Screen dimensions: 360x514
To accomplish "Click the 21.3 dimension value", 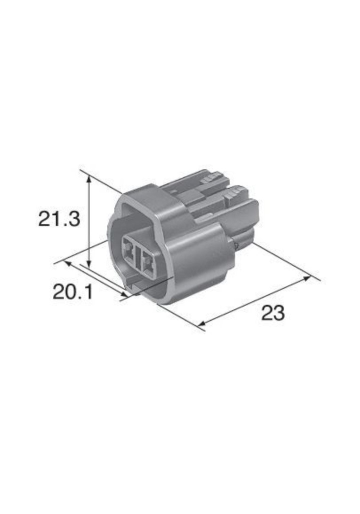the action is (x=59, y=219).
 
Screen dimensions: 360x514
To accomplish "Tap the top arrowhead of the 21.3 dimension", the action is (x=88, y=179).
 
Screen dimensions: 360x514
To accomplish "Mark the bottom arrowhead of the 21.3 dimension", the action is (x=88, y=265).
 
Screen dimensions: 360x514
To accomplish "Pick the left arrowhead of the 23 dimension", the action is (x=202, y=323).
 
